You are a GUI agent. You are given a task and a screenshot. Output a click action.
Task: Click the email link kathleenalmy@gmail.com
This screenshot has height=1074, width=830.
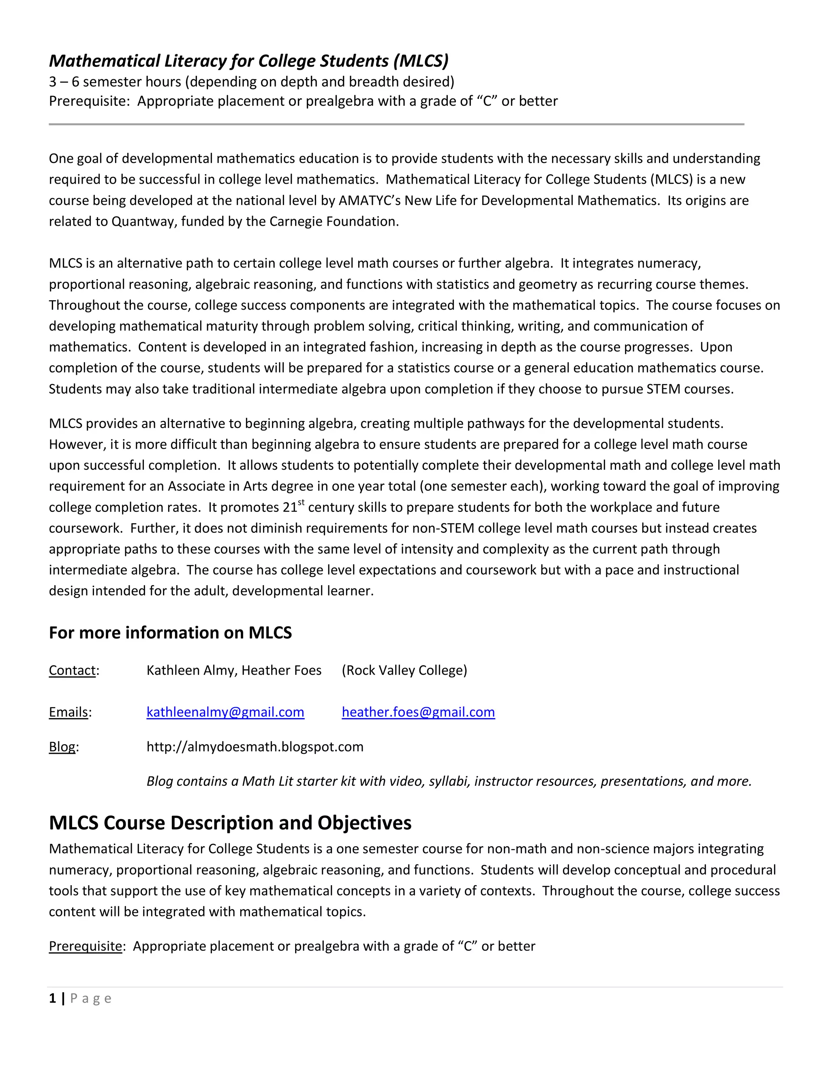click(225, 712)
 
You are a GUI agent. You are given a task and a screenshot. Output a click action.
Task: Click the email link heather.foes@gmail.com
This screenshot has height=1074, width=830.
click(418, 712)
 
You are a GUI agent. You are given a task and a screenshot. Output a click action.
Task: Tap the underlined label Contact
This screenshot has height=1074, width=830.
click(72, 670)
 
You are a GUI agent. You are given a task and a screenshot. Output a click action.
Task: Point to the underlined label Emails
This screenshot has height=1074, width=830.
click(68, 712)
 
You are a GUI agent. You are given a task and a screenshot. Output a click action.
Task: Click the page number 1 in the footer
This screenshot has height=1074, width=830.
click(52, 998)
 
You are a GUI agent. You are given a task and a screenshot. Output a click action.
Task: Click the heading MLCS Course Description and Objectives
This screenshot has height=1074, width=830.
click(230, 823)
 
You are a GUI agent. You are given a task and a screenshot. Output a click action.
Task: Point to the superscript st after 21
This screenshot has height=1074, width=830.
click(302, 502)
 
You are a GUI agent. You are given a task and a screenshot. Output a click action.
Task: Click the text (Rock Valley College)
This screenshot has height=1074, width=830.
click(404, 670)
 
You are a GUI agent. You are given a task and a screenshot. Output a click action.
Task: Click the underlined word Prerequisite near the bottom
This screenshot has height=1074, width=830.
click(85, 946)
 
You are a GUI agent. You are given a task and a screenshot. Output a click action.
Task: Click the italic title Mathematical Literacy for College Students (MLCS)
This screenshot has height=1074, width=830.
click(248, 60)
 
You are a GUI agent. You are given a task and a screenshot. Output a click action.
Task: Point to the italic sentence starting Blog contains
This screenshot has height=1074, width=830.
click(449, 781)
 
